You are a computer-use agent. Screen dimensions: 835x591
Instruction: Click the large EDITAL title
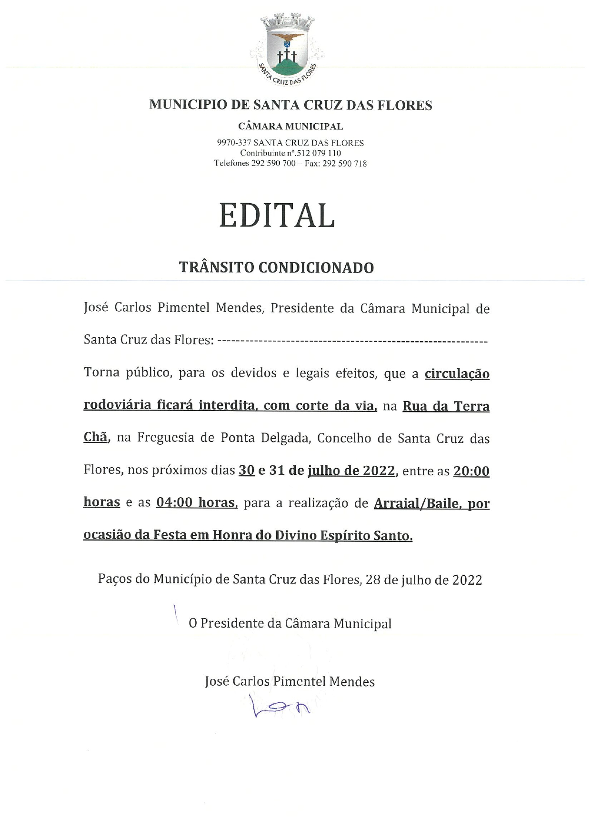point(277,216)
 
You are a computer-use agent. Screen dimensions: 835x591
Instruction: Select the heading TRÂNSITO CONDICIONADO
point(276,267)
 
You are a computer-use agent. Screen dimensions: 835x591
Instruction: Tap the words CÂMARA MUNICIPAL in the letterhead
point(290,127)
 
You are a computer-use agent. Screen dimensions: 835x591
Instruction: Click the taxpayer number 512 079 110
point(319,153)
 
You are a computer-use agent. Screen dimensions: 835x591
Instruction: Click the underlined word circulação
point(457,374)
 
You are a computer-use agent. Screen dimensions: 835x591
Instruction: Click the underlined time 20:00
point(471,471)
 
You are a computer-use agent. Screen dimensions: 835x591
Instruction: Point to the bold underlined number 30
point(247,471)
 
